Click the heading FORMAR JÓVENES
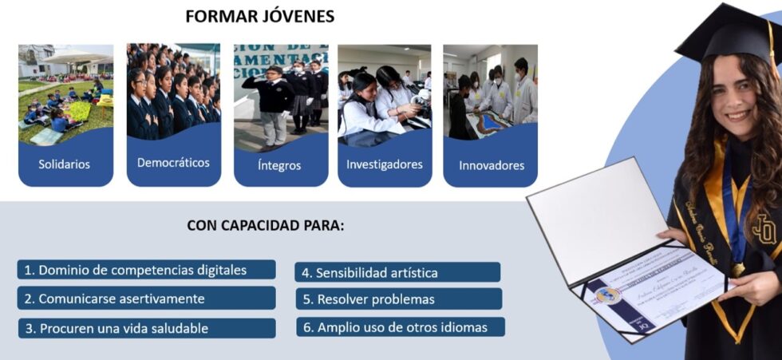[x=259, y=17]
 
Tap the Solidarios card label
[x=65, y=165]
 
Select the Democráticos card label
[x=173, y=163]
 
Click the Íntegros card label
[x=279, y=166]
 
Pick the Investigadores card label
[x=384, y=165]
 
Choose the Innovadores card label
[x=491, y=166]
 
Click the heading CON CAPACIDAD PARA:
[x=266, y=225]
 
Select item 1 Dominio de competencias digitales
[x=146, y=270]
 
